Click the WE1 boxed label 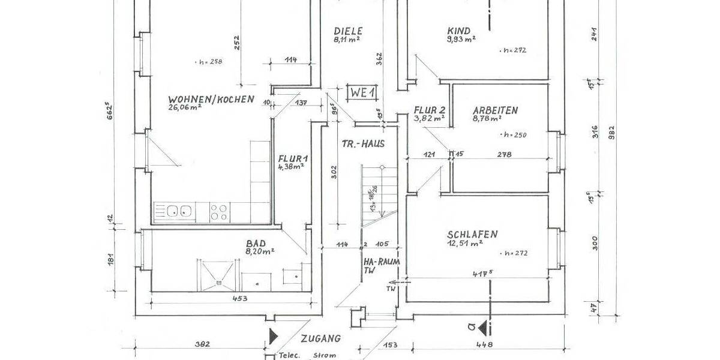tap(364, 93)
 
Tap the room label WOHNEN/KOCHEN tap(211, 99)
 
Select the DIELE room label tap(346, 31)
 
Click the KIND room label tap(459, 31)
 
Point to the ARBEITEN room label tap(495, 110)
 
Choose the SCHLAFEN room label tap(472, 234)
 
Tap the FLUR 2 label tap(429, 110)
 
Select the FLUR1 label tap(291, 159)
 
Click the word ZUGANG tap(321, 338)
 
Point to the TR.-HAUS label tap(362, 144)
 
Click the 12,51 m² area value tap(465, 243)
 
